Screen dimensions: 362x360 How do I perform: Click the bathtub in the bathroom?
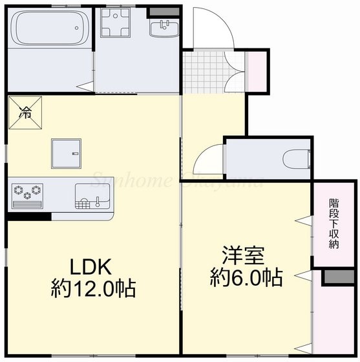coord(49,29)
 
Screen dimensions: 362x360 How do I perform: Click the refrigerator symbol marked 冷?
coord(25,112)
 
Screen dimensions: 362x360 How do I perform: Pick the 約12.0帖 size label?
coord(93,286)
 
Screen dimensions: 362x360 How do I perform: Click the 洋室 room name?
coord(245,254)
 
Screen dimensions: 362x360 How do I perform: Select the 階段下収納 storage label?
coord(334,224)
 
